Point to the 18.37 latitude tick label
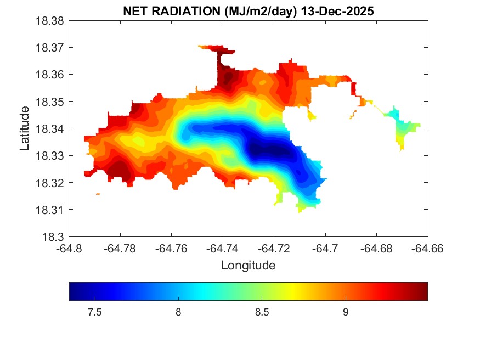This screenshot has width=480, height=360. pos(50,48)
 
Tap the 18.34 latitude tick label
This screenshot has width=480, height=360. pos(50,128)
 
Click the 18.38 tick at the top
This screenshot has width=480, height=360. pos(50,21)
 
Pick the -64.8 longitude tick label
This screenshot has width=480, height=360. pos(70,248)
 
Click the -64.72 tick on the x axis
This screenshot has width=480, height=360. pos(274,248)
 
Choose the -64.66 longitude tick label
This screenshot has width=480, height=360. pos(427,248)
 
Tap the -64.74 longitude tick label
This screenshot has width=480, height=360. pos(223,248)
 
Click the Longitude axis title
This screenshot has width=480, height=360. pos(248,266)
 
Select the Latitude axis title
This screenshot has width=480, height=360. pos(25,129)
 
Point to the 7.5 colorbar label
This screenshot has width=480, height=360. pos(94,313)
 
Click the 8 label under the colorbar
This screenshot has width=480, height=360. pos(178,313)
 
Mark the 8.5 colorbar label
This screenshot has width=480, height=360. pos(262,313)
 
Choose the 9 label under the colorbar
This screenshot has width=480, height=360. pos(346,313)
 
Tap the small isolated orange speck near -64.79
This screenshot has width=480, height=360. pos(98,194)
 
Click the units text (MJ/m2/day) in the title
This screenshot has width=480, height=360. pos(253,11)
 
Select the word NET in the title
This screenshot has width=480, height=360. pos(134,11)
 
